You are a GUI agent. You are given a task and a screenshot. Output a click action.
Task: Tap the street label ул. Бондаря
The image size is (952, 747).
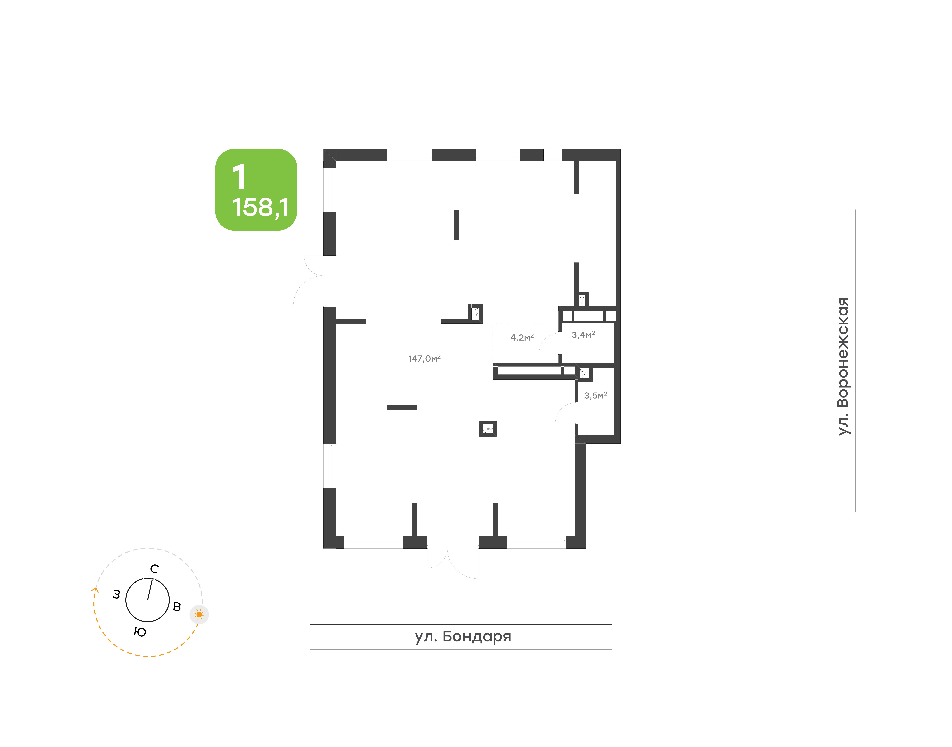pyautogui.click(x=463, y=636)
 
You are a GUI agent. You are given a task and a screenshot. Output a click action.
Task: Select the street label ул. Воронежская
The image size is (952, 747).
pyautogui.click(x=843, y=367)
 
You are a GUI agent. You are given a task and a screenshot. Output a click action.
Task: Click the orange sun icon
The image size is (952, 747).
pyautogui.click(x=199, y=614)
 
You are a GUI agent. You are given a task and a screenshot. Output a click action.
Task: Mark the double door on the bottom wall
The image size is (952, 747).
pyautogui.click(x=453, y=563)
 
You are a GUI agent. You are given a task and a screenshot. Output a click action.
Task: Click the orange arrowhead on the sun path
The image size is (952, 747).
pyautogui.click(x=95, y=590)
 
